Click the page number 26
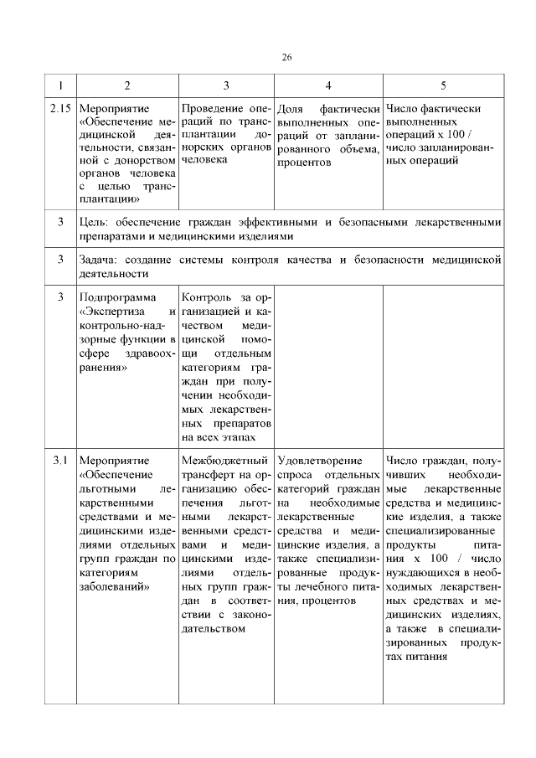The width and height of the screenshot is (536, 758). (286, 57)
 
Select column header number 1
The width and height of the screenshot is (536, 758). (60, 85)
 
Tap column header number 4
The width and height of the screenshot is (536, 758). (327, 85)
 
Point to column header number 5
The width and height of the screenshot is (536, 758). (444, 85)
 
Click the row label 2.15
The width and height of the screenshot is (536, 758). (60, 109)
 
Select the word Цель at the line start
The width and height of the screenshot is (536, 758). (93, 222)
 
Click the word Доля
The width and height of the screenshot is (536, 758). (290, 109)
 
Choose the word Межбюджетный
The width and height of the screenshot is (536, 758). (224, 461)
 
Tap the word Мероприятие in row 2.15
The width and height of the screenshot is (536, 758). (113, 109)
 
